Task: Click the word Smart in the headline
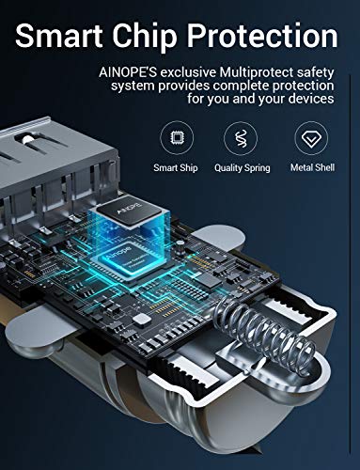(x=59, y=36)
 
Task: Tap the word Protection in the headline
(x=262, y=38)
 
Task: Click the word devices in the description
(x=311, y=99)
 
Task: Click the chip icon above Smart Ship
(x=177, y=138)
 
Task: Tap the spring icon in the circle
(x=241, y=138)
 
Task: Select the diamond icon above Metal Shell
(x=311, y=138)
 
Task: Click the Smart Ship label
(x=176, y=168)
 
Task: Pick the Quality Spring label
(x=243, y=168)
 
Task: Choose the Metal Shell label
(x=312, y=167)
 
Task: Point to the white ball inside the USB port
(x=28, y=139)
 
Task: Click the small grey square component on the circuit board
(x=141, y=320)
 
